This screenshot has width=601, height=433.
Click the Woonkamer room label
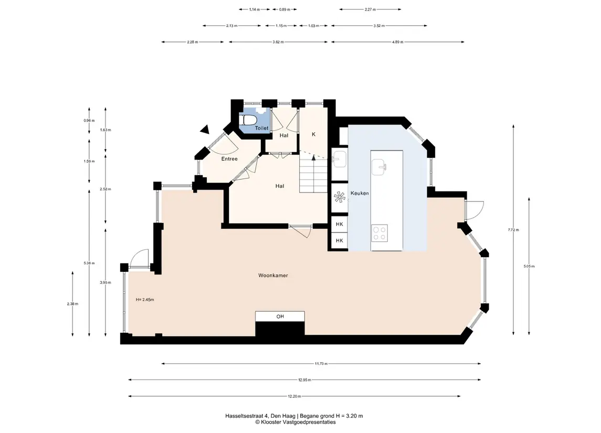coord(273,275)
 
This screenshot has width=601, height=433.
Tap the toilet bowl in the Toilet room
coord(248,120)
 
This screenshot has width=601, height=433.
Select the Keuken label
coord(360,193)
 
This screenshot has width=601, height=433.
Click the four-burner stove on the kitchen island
coord(379,234)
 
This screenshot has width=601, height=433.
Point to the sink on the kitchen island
coord(378,167)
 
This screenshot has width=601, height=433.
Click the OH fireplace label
coord(280,316)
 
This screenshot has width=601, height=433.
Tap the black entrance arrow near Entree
coord(205,130)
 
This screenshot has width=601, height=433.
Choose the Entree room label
coord(229,159)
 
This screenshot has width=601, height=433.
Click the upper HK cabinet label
coord(339,224)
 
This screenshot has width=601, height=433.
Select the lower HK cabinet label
coord(339,240)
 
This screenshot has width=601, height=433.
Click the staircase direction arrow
coord(313,157)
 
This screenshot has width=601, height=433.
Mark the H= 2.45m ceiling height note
coord(145,300)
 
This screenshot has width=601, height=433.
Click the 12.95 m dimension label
coord(305,380)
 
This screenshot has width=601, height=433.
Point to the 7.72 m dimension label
coord(513,230)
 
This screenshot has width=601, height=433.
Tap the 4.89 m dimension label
coord(397,42)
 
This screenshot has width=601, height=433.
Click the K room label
coord(313,134)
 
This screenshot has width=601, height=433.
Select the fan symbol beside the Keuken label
coord(340,197)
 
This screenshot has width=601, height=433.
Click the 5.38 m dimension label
coord(89,263)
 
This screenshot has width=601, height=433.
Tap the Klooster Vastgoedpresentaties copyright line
coord(296,423)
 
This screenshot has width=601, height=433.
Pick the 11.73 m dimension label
coord(321,364)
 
